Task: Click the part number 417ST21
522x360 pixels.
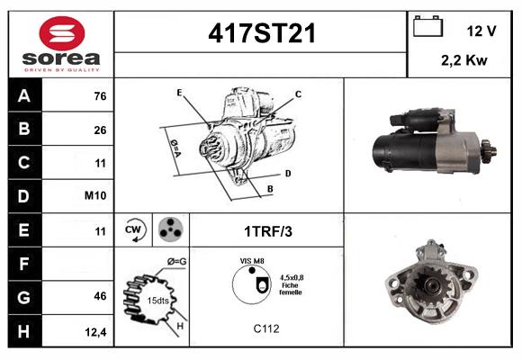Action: [262, 33]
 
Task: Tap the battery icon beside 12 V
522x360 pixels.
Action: [427, 28]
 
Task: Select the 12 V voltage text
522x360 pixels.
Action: [481, 31]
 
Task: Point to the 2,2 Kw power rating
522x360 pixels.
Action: [464, 62]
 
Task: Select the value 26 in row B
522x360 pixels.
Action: [100, 130]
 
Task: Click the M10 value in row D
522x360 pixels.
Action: [96, 196]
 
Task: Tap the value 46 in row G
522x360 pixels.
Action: [100, 296]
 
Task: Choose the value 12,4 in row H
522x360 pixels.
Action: [96, 331]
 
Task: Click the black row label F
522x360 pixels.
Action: [24, 263]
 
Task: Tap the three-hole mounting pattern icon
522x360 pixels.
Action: [168, 229]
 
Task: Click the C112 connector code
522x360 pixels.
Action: [267, 328]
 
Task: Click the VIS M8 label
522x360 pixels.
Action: [252, 262]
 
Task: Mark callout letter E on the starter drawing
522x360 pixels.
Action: [179, 93]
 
